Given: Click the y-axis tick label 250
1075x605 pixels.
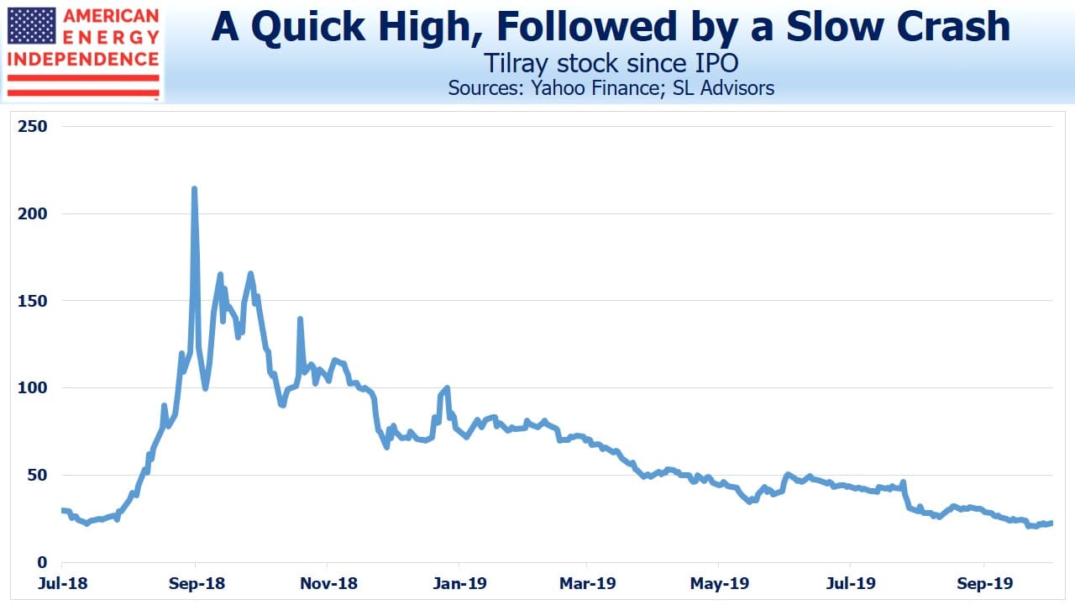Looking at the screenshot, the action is pos(33,126).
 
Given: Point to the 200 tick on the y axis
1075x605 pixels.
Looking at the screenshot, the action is pos(33,213).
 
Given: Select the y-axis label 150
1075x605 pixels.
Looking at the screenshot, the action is pos(33,301).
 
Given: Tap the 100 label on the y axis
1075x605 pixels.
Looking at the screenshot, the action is pos(33,388).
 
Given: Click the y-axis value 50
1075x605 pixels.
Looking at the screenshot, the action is pos(38,476).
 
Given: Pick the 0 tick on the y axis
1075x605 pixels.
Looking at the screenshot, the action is pos(43,562).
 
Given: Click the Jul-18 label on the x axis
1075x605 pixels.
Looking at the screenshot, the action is pos(63,583).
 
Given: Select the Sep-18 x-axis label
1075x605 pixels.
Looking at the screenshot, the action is pos(197,583).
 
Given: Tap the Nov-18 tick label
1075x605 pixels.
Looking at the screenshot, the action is pos(328,583).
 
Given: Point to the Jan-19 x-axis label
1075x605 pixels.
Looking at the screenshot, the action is pos(459,583).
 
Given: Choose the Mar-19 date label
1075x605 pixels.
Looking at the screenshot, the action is pos(588,583).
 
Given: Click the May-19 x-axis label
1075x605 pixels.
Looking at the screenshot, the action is pos(720,583).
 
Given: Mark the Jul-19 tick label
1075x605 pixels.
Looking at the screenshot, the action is pos(851,583).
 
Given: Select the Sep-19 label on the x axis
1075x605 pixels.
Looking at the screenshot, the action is pos(985,583).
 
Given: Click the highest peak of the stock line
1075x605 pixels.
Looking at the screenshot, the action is pos(194,189).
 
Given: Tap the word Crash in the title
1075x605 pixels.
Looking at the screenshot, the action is pos(953,27).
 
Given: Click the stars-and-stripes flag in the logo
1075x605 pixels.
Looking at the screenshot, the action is pos(32,26).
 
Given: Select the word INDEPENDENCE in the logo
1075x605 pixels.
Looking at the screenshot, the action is pos(83,60).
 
